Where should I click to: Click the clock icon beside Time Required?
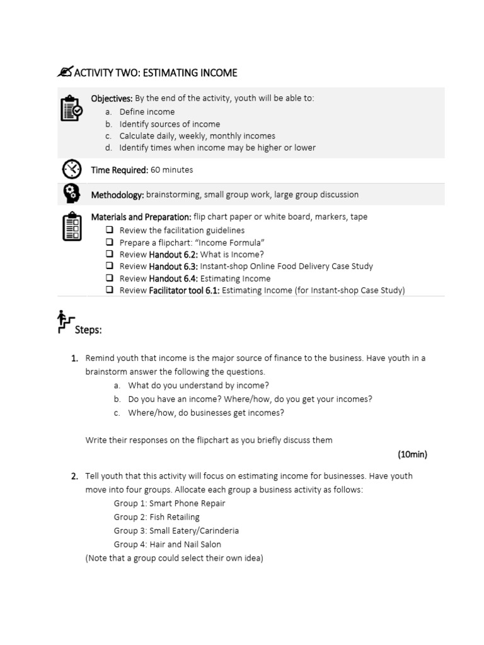point(71,169)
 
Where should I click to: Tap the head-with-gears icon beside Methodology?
point(71,194)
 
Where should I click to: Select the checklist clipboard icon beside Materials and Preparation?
point(71,227)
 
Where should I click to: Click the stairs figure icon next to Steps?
point(66,321)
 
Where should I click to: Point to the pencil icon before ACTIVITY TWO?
point(65,72)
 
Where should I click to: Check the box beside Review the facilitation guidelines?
point(110,231)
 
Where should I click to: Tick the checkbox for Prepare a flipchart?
point(110,243)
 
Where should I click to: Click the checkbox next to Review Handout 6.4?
point(110,278)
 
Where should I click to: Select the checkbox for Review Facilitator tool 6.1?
point(110,290)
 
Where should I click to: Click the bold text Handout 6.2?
point(173,254)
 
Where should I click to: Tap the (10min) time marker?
point(412,454)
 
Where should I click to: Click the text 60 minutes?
point(172,170)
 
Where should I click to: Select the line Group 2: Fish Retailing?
point(156,517)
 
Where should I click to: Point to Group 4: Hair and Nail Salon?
point(167,544)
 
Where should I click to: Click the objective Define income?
point(147,112)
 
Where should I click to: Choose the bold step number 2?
point(74,476)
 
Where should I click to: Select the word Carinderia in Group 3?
point(216,531)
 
